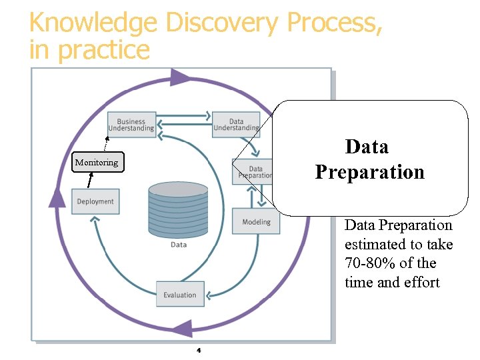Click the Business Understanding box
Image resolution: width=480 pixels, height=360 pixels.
132,125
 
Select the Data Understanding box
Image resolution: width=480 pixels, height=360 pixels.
235,125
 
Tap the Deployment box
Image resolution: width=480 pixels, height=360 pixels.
95,201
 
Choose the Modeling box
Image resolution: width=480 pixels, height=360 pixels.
256,221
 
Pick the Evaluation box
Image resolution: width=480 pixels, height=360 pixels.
180,295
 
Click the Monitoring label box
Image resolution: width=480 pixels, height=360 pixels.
97,162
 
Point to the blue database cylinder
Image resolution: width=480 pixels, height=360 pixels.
178,210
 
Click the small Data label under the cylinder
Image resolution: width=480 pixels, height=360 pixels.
179,245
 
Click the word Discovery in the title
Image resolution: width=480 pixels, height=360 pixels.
223,23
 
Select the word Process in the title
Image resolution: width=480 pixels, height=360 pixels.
333,23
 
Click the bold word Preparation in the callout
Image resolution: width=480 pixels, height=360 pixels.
369,172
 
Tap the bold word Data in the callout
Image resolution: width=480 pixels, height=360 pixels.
367,147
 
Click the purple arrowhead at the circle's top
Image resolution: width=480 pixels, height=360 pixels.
179,78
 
